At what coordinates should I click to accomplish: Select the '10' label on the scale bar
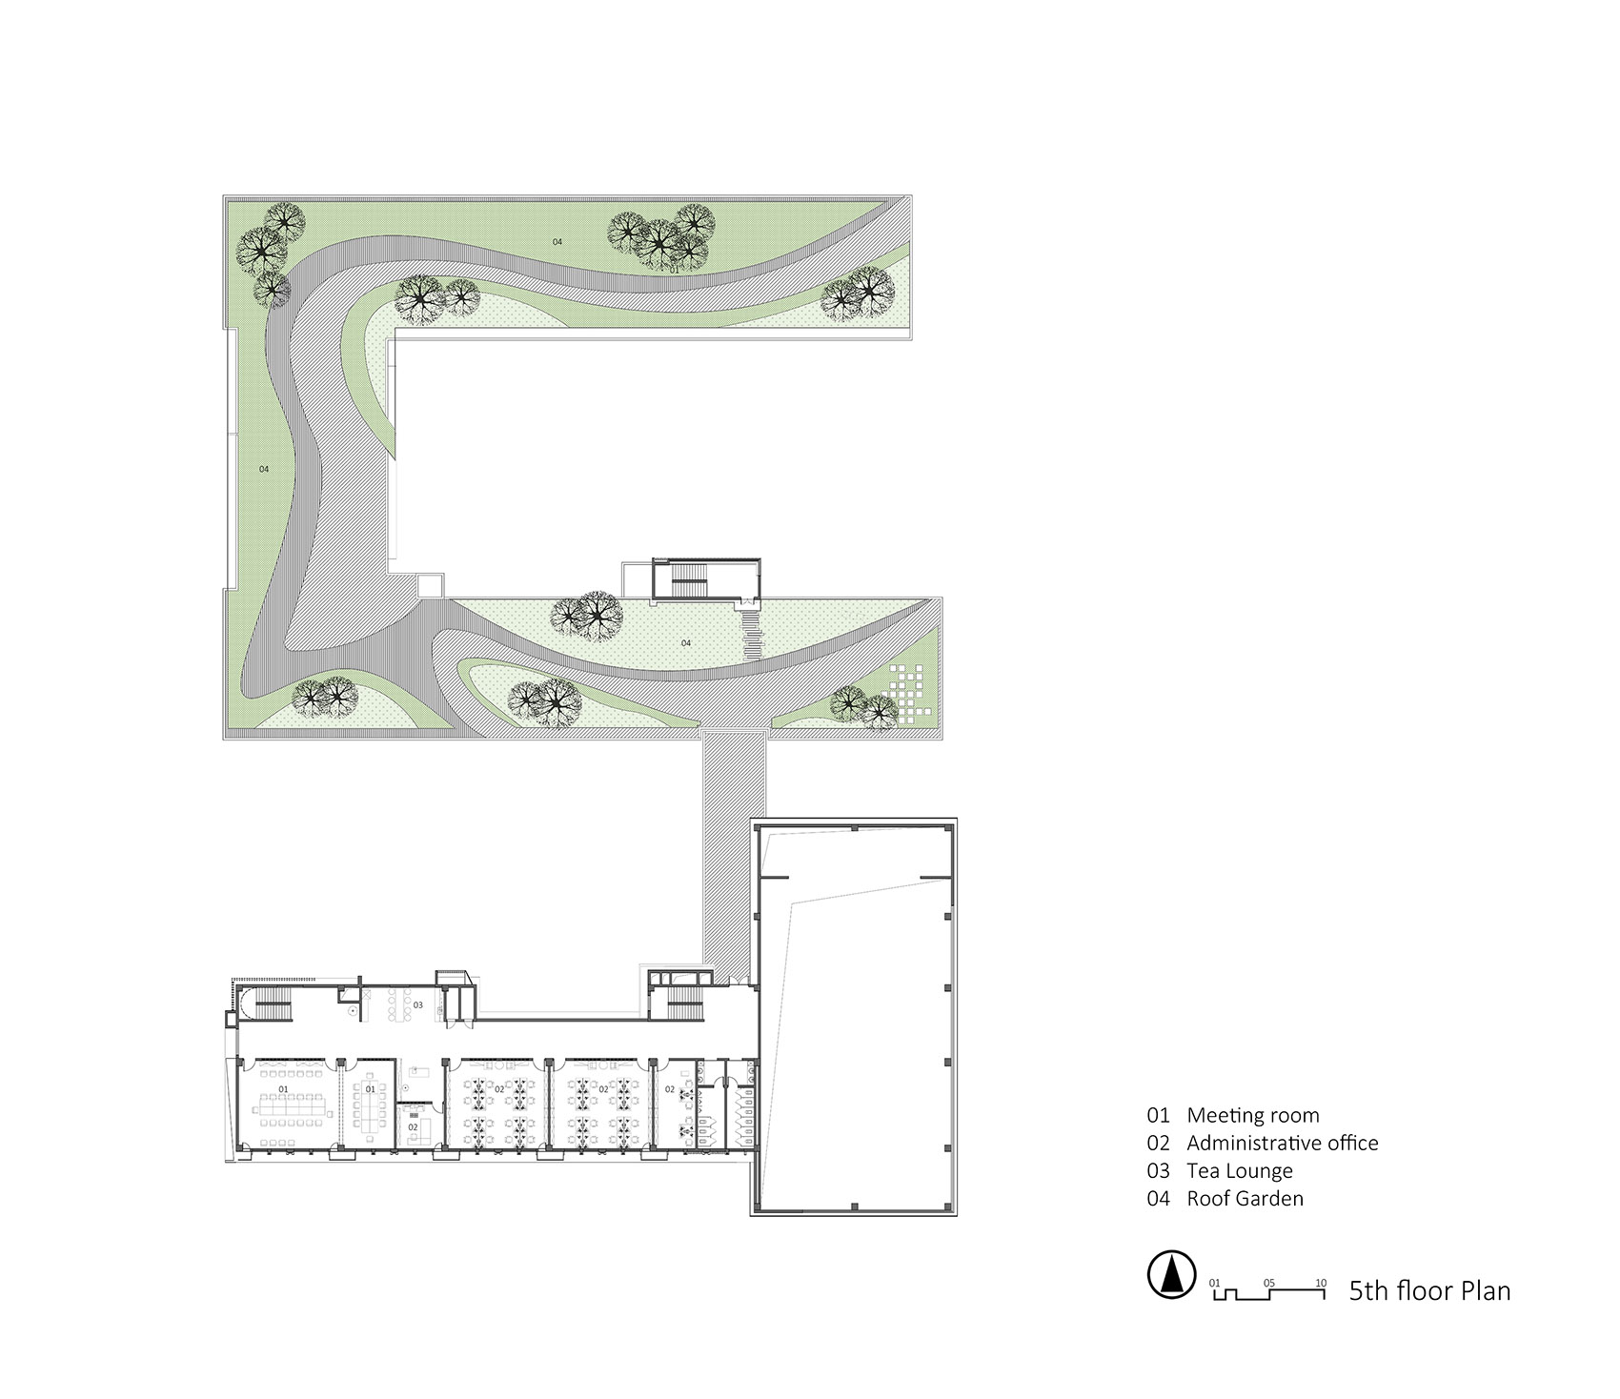click(1320, 1283)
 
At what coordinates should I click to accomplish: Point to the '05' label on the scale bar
click(1268, 1283)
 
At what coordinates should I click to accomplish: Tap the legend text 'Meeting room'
click(1252, 1115)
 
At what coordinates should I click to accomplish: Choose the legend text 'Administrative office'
click(1282, 1143)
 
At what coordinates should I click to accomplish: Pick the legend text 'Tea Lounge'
click(1239, 1170)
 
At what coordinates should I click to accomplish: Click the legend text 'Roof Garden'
click(1245, 1198)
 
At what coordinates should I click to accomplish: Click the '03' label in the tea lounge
click(417, 1004)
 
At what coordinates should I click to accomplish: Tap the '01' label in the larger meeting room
click(283, 1088)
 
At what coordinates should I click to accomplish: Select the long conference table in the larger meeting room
click(294, 1105)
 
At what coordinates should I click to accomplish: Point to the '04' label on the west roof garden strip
click(264, 469)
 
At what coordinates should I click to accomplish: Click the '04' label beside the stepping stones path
click(686, 643)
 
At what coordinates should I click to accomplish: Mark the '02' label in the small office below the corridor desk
click(413, 1126)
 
